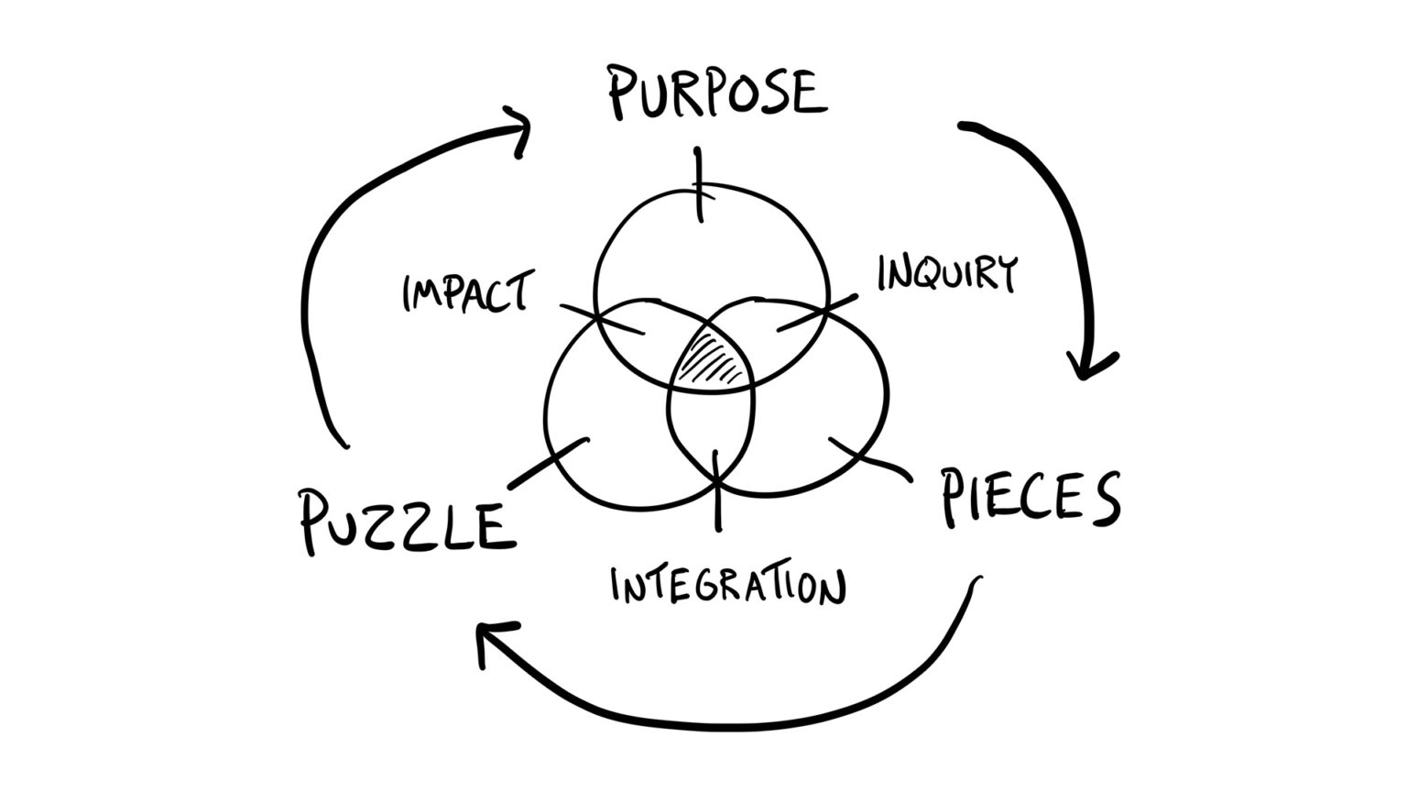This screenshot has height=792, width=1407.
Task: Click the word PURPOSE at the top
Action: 717,93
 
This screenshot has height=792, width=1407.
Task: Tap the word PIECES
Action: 1031,497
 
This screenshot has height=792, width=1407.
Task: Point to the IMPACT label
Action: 465,292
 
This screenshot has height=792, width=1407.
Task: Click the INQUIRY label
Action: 947,273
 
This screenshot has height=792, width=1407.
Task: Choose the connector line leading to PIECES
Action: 870,458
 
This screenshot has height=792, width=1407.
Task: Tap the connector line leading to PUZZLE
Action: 547,464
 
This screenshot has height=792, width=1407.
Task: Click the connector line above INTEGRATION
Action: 716,490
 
